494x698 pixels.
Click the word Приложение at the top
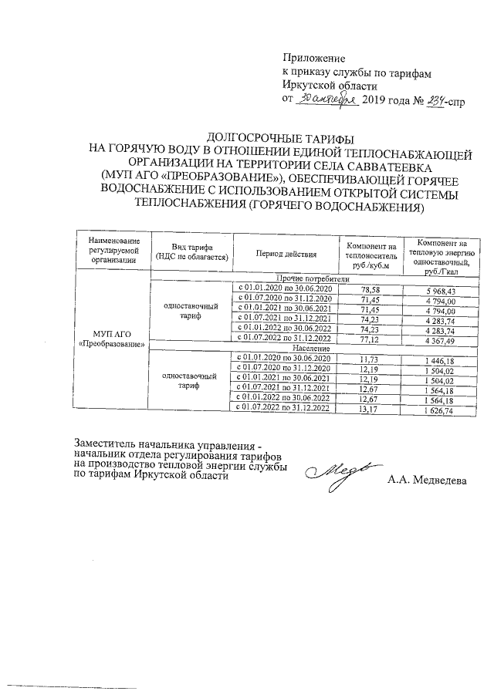pos(314,58)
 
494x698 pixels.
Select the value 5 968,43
pos(441,290)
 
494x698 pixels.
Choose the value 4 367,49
pos(441,339)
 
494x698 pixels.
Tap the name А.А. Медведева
pos(426,480)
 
